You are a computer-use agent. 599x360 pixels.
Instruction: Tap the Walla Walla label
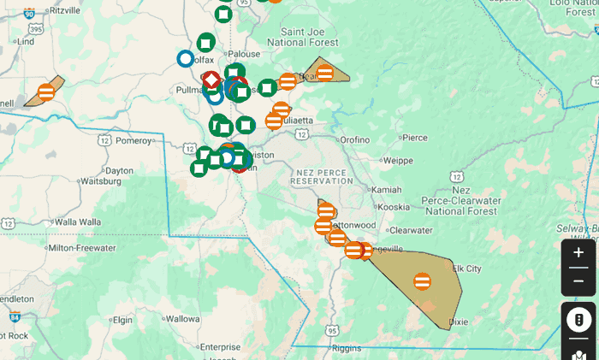click(78, 221)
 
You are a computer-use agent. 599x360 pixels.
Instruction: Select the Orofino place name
click(354, 139)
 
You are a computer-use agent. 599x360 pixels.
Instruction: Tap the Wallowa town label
click(182, 319)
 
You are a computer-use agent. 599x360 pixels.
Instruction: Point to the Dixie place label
click(460, 322)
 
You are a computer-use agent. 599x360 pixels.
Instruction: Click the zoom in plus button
click(578, 253)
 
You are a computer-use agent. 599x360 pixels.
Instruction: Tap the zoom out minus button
click(578, 281)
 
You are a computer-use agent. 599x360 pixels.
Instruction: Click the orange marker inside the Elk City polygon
click(422, 280)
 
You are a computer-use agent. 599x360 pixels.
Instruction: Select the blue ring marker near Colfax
click(185, 58)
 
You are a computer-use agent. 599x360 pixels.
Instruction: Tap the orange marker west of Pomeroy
click(46, 91)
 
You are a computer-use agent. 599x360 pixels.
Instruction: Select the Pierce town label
click(414, 137)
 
